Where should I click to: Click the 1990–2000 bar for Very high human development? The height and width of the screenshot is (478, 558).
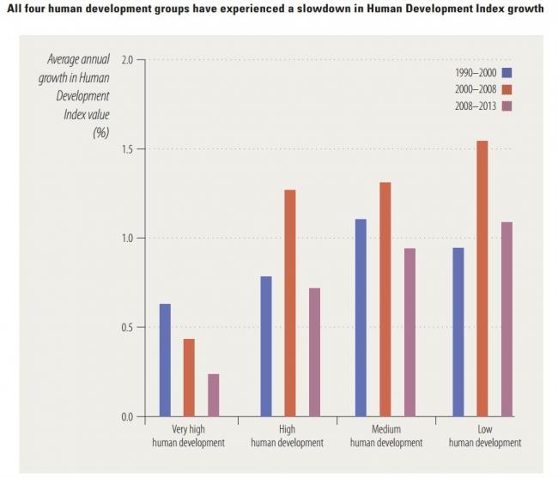coord(165,360)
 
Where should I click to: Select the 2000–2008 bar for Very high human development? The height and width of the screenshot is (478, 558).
coord(189,378)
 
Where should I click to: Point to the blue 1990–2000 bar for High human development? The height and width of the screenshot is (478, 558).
coord(266,347)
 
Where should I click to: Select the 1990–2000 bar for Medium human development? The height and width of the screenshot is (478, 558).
coord(361,318)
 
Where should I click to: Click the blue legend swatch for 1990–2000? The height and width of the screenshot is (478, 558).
coord(506,72)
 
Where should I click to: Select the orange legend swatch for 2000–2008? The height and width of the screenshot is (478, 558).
coord(506,89)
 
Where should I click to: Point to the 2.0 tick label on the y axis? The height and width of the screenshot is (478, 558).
coord(128,59)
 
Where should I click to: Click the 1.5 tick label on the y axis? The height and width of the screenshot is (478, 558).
coord(128,148)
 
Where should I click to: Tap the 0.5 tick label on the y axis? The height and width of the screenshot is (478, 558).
coord(128,328)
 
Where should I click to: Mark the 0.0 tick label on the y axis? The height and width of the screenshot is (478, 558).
coord(128,417)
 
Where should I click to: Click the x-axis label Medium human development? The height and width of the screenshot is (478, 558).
coord(386,436)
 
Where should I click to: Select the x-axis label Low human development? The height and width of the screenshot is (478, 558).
coord(484,436)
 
